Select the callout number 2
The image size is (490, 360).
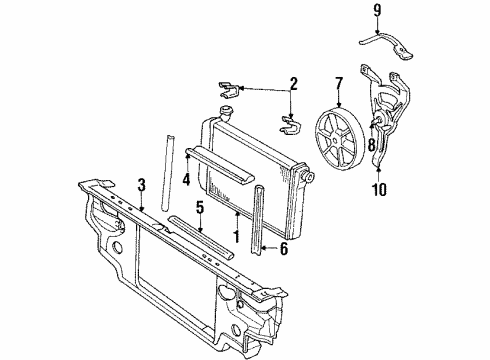[x=293, y=83]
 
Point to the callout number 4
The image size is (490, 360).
[x=187, y=180]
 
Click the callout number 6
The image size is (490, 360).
[x=283, y=250]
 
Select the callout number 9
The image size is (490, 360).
[x=377, y=13]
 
